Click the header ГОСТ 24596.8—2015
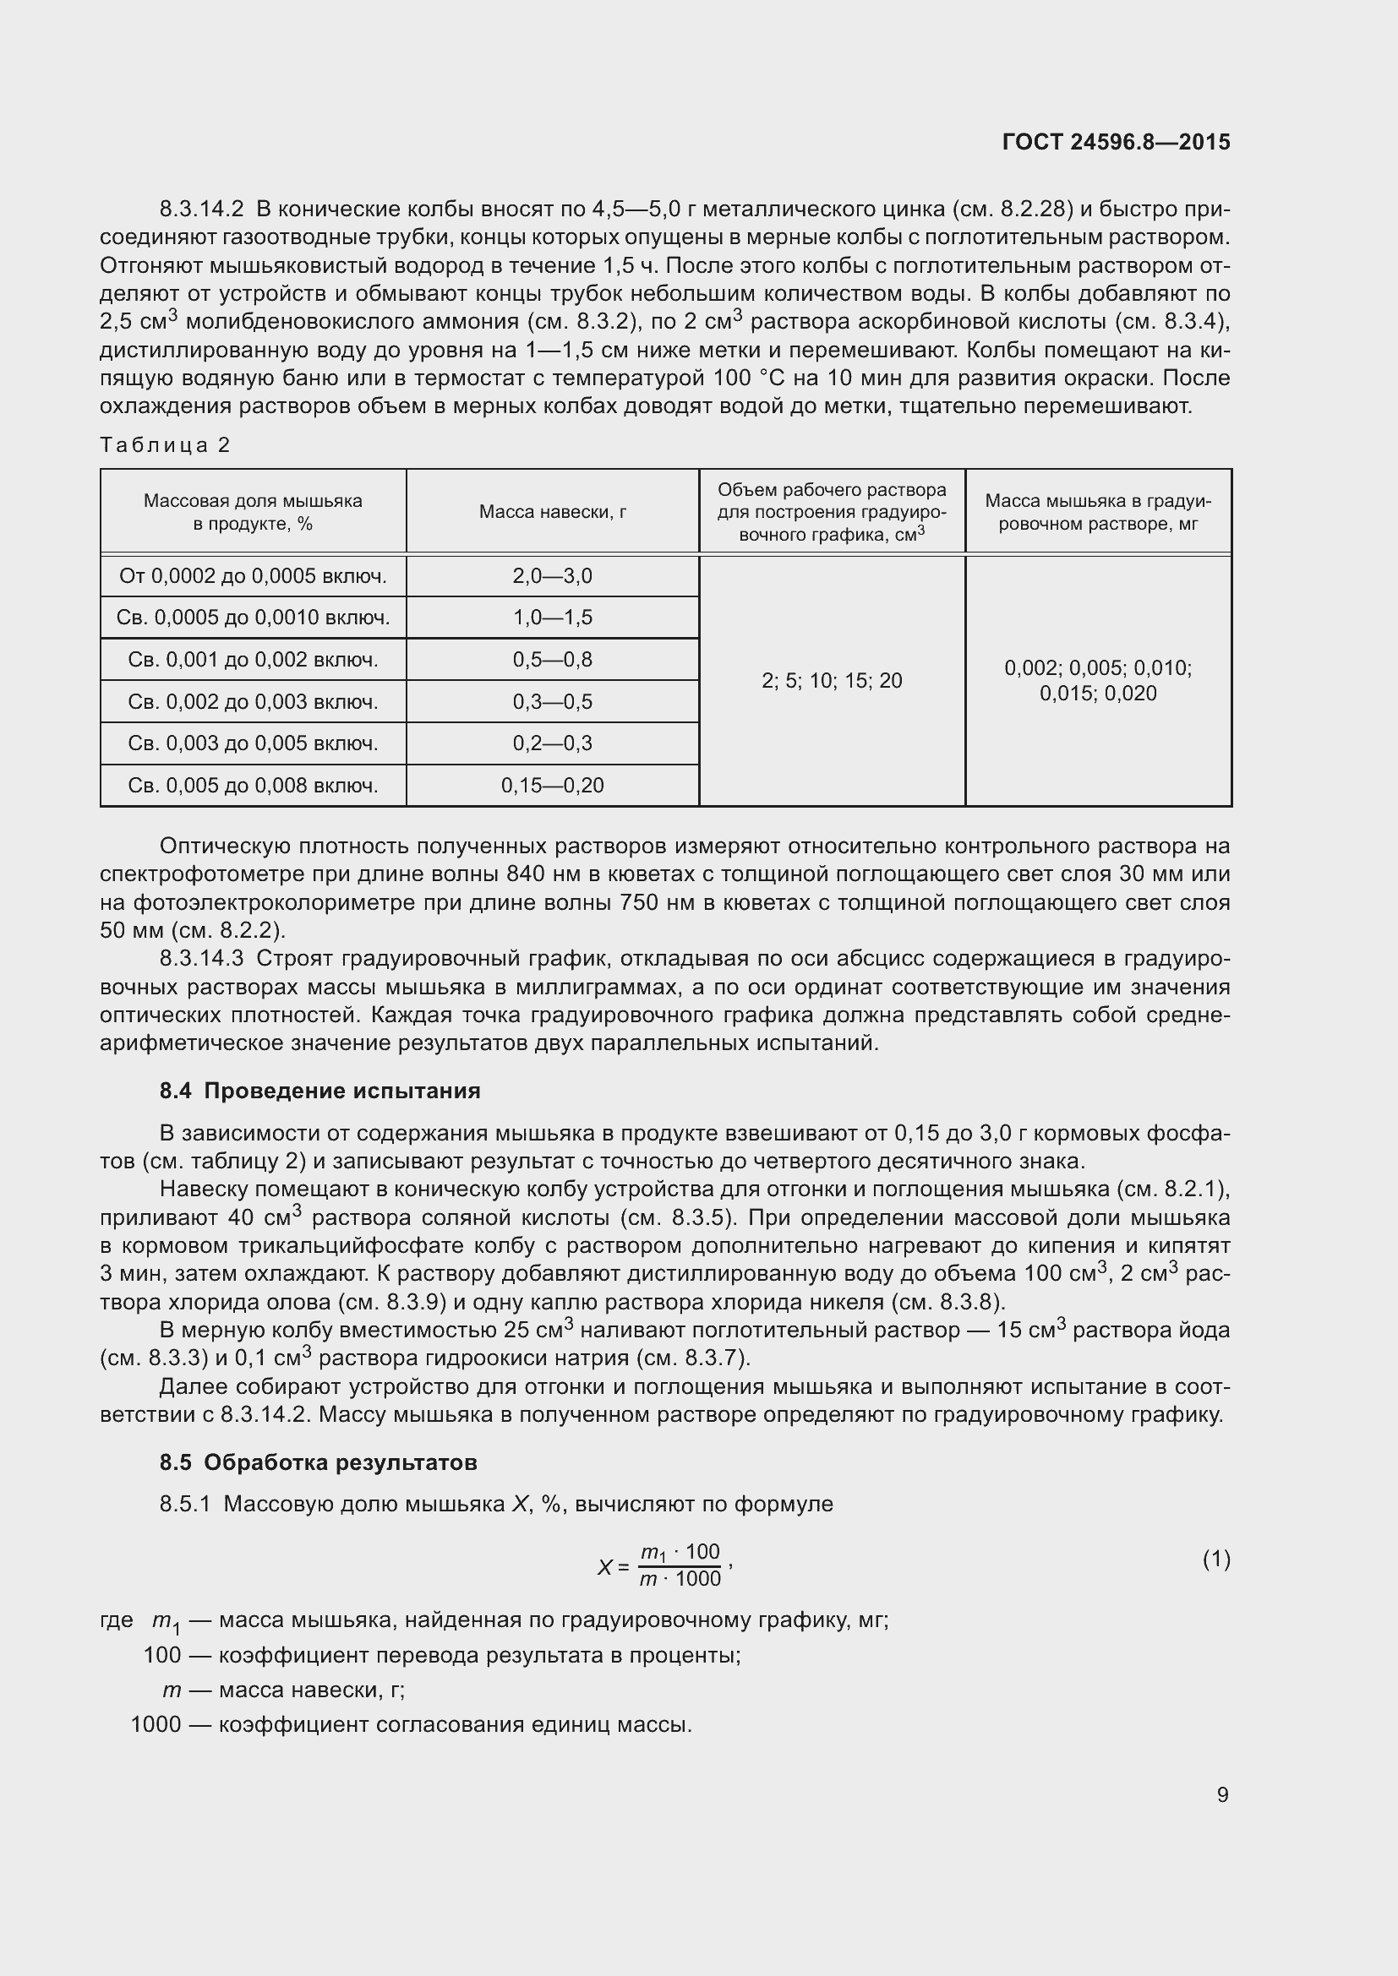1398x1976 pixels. (x=1116, y=142)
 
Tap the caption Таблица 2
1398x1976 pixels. (x=166, y=445)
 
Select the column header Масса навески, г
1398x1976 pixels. (x=553, y=512)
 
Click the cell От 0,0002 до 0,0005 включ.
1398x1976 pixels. (x=252, y=576)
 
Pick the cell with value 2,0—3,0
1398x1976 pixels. (x=553, y=576)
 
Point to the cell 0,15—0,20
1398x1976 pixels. (x=553, y=785)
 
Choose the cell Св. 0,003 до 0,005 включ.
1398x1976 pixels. (x=252, y=743)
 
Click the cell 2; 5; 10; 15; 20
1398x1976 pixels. (x=832, y=681)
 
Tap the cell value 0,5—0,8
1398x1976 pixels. (x=553, y=659)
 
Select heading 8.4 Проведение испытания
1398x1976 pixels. (x=319, y=1091)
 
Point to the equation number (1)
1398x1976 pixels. (x=1215, y=1559)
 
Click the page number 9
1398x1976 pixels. (x=1222, y=1794)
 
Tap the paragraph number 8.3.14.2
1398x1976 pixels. (x=201, y=210)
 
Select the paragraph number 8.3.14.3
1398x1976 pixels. (x=201, y=959)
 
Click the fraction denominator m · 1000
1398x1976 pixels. (x=680, y=1578)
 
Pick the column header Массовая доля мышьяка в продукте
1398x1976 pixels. (x=252, y=512)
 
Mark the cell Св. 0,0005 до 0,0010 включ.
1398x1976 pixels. (x=252, y=617)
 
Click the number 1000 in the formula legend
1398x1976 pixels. (x=156, y=1725)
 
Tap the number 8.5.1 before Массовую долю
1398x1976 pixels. (x=185, y=1505)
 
